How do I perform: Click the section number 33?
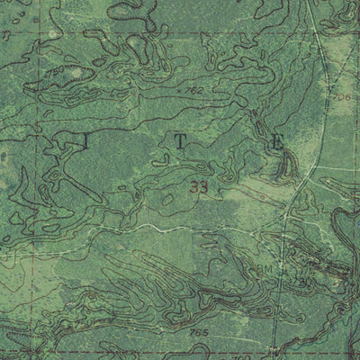point(200,189)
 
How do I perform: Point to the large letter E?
point(278,141)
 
